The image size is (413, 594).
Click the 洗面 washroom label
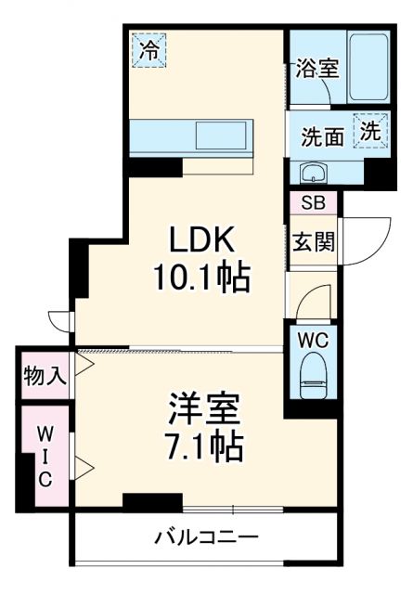pyautogui.click(x=321, y=136)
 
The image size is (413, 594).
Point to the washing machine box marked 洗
pyautogui.click(x=370, y=132)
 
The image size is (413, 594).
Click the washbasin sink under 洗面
pyautogui.click(x=314, y=172)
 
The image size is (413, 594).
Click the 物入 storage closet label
pyautogui.click(x=44, y=375)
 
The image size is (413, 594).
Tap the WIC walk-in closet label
pyautogui.click(x=44, y=456)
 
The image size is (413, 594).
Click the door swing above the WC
pyautogui.click(x=310, y=301)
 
